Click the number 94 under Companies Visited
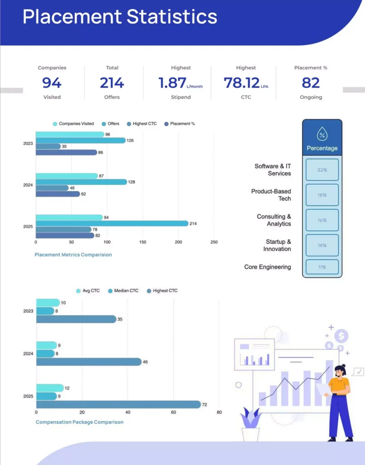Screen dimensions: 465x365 pyautogui.click(x=52, y=83)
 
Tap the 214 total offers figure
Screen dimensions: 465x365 pyautogui.click(x=112, y=83)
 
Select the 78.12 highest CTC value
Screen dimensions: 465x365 pyautogui.click(x=242, y=83)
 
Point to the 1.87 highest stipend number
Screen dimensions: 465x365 pyautogui.click(x=173, y=83)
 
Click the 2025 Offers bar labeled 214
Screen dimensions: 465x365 pyautogui.click(x=112, y=223)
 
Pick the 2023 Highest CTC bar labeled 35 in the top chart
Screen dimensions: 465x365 pyautogui.click(x=48, y=147)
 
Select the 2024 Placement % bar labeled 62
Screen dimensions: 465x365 pyautogui.click(x=58, y=194)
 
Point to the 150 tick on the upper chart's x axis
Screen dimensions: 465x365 pyautogui.click(x=143, y=242)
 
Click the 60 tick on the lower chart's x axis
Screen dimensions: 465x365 pyautogui.click(x=173, y=412)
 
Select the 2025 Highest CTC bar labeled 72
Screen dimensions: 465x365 pyautogui.click(x=118, y=404)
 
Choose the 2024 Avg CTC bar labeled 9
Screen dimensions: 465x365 pyautogui.click(x=46, y=346)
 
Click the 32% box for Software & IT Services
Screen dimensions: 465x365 pyautogui.click(x=322, y=170)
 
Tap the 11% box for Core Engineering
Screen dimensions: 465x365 pyautogui.click(x=322, y=267)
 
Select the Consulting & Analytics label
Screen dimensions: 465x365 pyautogui.click(x=274, y=220)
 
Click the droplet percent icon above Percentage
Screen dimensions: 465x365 pyautogui.click(x=322, y=134)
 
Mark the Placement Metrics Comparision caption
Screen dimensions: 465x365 pyautogui.click(x=73, y=255)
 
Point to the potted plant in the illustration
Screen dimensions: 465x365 pyautogui.click(x=250, y=425)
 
